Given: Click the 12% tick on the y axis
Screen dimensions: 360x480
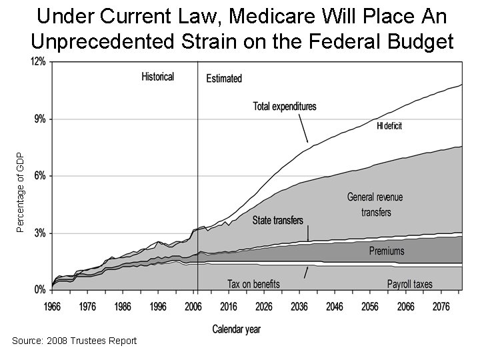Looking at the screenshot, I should [x=37, y=61].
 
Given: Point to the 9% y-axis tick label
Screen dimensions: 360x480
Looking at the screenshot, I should [x=39, y=119].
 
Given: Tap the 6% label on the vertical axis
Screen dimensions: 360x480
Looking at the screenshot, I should [x=39, y=176].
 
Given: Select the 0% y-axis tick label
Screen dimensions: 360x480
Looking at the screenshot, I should [x=39, y=291].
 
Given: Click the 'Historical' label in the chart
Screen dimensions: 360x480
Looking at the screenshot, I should [x=157, y=77].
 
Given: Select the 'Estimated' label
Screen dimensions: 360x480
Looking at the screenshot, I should [x=224, y=79].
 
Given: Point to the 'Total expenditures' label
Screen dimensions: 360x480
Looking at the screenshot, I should [x=285, y=106].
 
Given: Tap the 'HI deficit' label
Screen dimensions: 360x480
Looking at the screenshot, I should [x=389, y=125].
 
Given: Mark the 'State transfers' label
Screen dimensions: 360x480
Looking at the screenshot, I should [x=278, y=221].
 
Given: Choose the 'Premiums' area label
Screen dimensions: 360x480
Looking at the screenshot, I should [x=387, y=251].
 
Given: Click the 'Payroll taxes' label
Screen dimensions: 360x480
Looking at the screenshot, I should [x=409, y=284].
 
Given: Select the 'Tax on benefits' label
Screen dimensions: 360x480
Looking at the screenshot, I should [x=253, y=284].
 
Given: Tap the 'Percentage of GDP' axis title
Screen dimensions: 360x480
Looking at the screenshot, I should [x=20, y=192].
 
